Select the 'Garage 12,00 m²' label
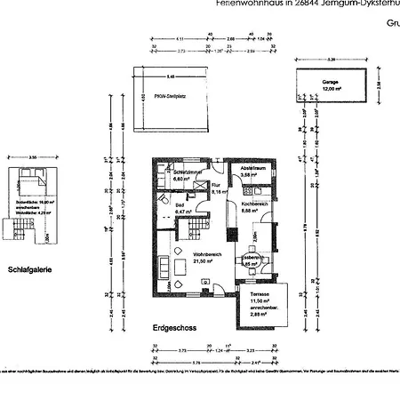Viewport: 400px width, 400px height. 331,86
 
